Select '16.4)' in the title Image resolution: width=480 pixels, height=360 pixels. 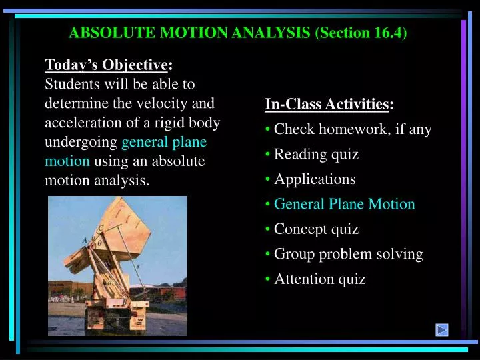tap(391, 32)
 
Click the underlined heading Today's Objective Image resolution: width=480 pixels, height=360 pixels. tap(107, 65)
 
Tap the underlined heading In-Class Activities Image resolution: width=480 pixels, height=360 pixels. tap(327, 104)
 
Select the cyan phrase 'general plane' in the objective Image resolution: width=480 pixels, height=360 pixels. tap(164, 142)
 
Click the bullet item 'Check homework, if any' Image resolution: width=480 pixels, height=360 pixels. tap(353, 129)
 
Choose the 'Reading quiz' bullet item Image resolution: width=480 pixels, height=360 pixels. tap(316, 155)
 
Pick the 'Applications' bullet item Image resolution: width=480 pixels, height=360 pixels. tap(315, 179)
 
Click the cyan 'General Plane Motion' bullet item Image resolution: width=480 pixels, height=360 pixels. tap(344, 204)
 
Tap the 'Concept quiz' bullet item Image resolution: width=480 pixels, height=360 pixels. tap(316, 229)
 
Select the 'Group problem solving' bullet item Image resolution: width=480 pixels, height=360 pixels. tap(348, 254)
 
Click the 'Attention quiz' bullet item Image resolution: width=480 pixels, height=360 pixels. tap(319, 279)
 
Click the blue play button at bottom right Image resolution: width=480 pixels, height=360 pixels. tap(441, 329)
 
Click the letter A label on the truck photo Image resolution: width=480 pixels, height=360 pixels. tap(84, 240)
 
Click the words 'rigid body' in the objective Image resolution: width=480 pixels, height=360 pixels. tap(189, 123)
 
